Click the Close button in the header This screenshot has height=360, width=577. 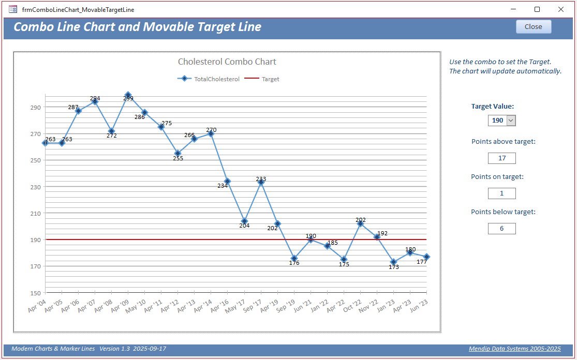coord(534,27)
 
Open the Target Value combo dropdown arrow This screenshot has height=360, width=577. coord(511,121)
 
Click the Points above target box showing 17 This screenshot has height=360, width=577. coord(502,158)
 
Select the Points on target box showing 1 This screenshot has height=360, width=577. coord(502,193)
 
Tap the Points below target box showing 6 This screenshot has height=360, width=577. coord(502,228)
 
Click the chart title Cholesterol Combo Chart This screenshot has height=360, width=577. coord(227,62)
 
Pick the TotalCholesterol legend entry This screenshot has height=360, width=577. coord(208,79)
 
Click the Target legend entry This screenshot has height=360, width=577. coord(262,79)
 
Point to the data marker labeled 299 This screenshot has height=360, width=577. coord(128,95)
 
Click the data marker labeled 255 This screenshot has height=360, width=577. coord(177,153)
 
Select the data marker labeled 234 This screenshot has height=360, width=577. coord(228,181)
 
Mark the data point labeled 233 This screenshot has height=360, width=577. coord(261,183)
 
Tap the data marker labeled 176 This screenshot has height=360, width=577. coord(294,259)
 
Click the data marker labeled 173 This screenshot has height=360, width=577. coord(394,262)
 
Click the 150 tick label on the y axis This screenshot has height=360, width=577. coord(36,293)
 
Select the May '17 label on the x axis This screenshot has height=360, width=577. coord(235,306)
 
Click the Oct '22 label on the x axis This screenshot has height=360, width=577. coord(352,306)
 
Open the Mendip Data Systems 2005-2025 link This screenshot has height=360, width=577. coord(515,349)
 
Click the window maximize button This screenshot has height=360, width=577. coord(537,9)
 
